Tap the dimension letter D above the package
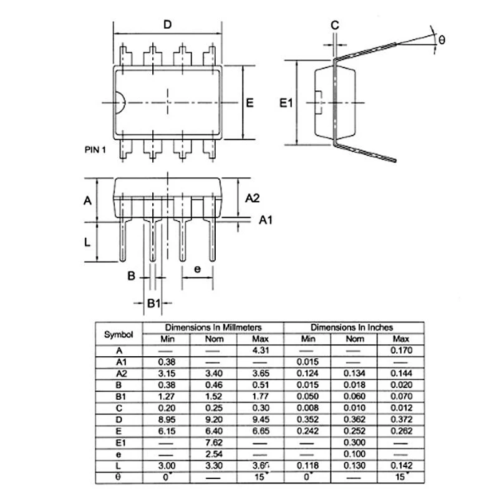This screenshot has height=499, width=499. point(167,24)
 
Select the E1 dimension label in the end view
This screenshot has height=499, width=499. point(285,103)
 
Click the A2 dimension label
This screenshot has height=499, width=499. point(252,198)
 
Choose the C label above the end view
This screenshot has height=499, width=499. point(334,26)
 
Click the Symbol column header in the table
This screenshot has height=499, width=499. point(119,334)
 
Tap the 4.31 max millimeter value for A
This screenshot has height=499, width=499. point(260,351)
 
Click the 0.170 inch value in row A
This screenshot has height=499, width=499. point(401,351)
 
